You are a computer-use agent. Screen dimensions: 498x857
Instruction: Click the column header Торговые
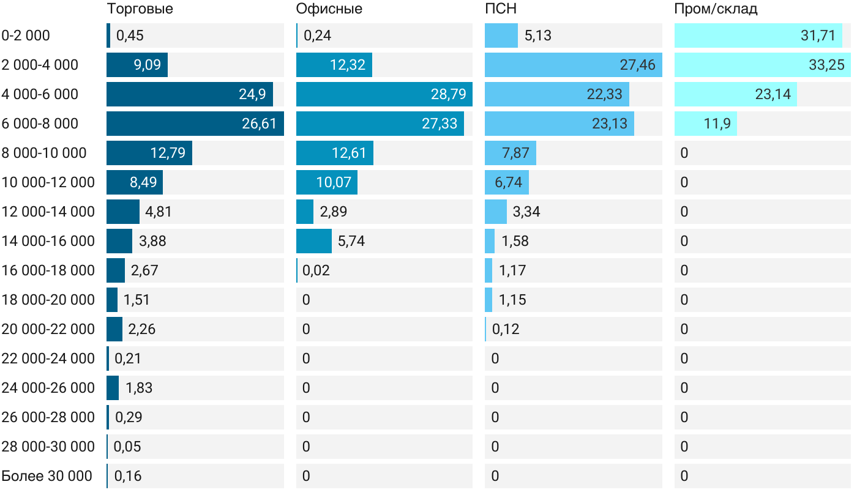140,9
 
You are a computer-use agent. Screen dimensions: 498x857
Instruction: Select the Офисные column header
329,9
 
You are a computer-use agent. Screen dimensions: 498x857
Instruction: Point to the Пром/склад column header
716,9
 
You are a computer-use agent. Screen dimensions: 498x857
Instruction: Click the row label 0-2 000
26,35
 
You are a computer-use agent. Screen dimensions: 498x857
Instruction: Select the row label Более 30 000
47,476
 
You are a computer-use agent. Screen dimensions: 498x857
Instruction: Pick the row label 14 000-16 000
48,241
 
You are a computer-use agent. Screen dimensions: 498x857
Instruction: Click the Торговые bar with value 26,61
195,124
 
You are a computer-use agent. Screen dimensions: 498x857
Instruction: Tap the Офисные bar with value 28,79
384,94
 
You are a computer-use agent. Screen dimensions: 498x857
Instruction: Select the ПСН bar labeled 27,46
573,65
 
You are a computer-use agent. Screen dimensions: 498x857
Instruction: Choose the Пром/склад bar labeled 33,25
762,65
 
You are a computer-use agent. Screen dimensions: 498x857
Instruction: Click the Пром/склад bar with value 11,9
705,124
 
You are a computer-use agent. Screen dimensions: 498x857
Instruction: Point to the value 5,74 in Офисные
351,241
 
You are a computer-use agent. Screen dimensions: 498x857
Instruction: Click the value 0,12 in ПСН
506,329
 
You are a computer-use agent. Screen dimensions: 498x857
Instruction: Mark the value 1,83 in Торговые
139,388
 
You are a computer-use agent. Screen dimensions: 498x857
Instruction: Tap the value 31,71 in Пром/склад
818,35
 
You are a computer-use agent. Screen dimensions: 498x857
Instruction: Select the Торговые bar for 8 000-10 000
149,153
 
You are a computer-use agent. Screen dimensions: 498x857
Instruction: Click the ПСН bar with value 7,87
510,153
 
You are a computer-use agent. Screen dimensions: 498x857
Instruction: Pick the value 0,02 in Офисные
316,270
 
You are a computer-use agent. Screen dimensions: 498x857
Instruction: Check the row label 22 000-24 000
48,359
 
